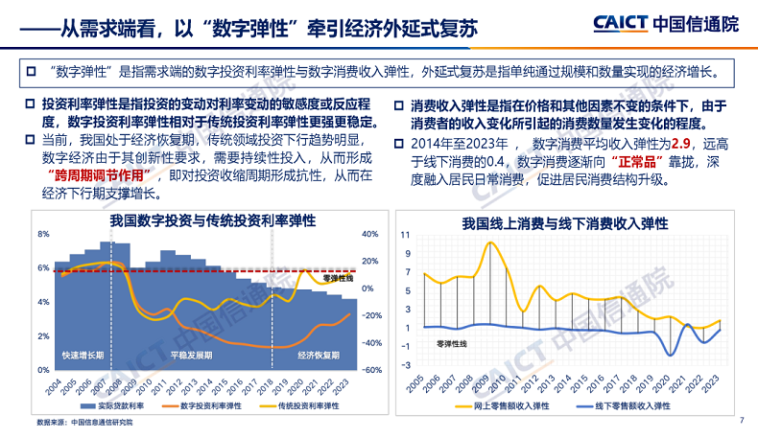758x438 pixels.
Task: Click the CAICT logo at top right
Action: tap(666, 24)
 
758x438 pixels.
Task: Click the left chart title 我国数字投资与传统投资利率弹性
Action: tap(212, 220)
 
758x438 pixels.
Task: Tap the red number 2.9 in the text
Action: tap(682, 144)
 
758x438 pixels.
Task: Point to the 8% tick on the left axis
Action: tap(43, 234)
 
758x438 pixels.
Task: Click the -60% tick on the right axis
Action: tap(373, 370)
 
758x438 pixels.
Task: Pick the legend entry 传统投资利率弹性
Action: tap(306, 406)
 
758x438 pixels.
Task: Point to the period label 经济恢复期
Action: tap(319, 355)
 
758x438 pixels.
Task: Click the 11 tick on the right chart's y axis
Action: tap(405, 235)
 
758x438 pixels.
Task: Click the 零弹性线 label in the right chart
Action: tap(452, 342)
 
